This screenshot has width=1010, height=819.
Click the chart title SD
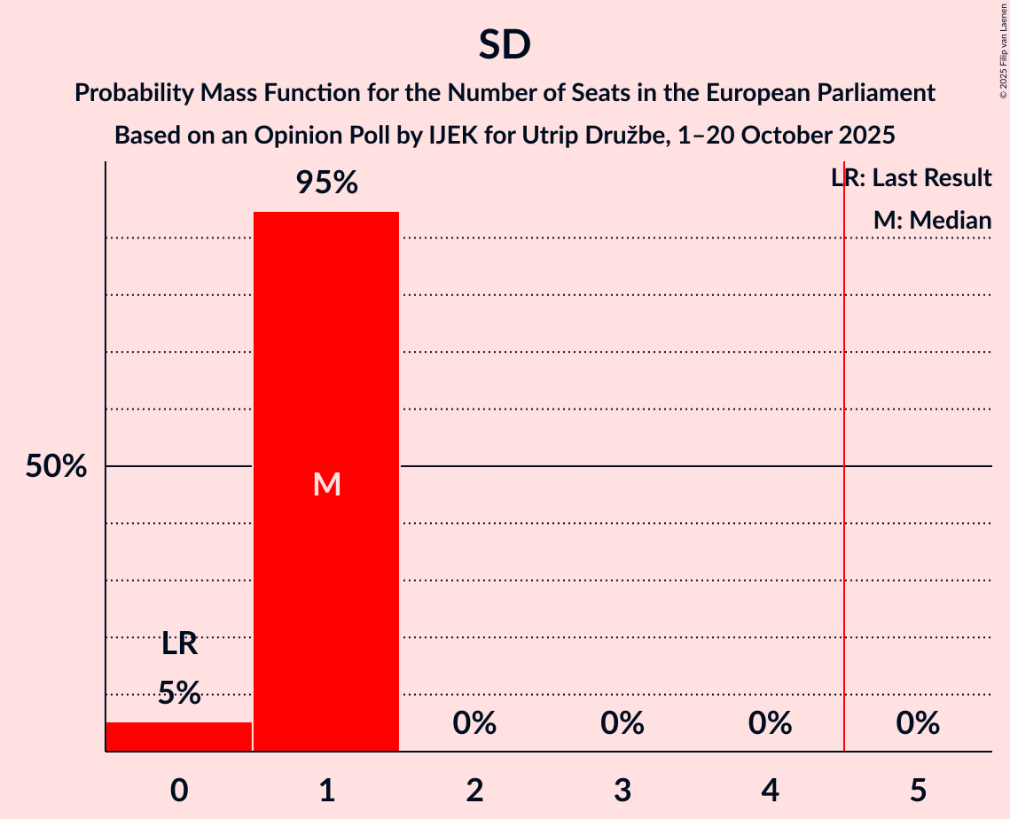coord(505,45)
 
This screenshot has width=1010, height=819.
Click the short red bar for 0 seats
coord(179,737)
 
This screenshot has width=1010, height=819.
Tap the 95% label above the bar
coord(326,183)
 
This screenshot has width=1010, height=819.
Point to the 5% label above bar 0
coord(179,693)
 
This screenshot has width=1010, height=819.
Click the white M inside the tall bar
coord(326,484)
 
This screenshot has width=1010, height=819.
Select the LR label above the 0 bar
coord(179,644)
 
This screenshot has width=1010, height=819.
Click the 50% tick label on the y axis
coord(56,466)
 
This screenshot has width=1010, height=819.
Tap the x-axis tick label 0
coord(179,790)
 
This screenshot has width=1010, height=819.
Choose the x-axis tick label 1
coord(326,790)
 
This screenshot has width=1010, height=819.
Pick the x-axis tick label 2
coord(474,790)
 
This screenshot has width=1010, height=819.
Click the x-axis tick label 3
coord(622,790)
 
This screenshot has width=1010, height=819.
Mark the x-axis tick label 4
coord(770,790)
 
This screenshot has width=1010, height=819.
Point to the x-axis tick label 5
coord(918,790)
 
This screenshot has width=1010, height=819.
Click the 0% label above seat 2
coord(474,724)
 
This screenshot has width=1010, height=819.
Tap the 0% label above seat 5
coord(918,724)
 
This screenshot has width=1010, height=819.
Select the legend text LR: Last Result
coord(911,178)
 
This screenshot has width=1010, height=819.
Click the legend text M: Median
coord(932,221)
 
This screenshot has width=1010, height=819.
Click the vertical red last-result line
coord(844,532)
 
